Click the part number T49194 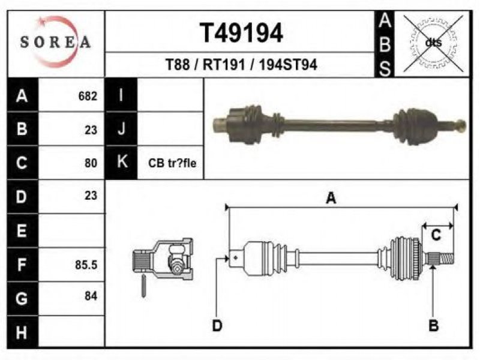pos(241,33)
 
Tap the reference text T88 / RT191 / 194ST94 pos(241,65)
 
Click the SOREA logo pos(55,42)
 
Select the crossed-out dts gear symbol pos(433,43)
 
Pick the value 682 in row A pos(88,96)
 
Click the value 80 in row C pos(91,163)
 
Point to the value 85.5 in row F pos(86,265)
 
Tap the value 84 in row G pos(91,296)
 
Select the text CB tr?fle pos(172,163)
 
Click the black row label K pos(122,162)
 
